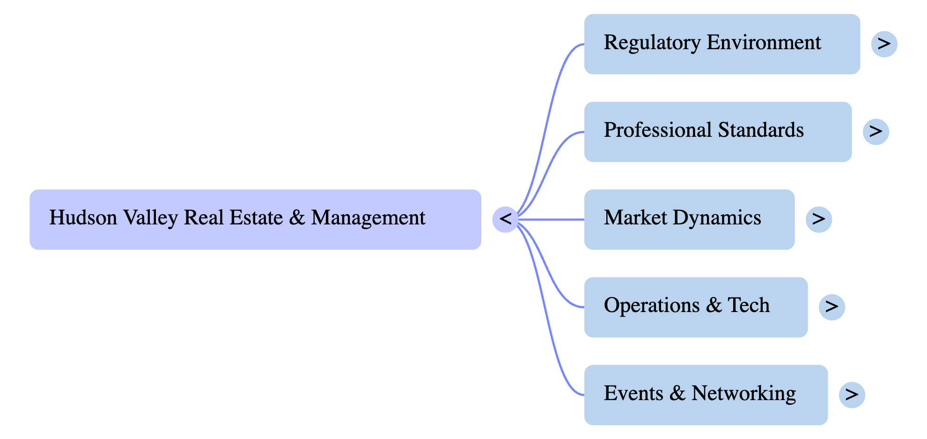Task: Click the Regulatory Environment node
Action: click(x=721, y=44)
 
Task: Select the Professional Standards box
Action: click(x=717, y=132)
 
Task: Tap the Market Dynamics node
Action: click(x=689, y=219)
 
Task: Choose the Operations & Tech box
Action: click(x=695, y=307)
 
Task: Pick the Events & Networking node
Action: click(x=706, y=394)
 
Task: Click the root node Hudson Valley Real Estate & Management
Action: click(x=255, y=219)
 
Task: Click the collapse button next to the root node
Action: click(x=505, y=219)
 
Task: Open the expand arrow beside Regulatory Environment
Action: click(x=884, y=44)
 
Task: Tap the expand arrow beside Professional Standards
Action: click(x=875, y=132)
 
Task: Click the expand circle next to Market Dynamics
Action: click(x=818, y=219)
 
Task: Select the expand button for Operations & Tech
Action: click(x=831, y=307)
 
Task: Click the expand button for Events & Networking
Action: click(x=852, y=394)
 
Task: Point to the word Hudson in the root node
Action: click(x=83, y=218)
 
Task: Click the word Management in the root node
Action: click(x=368, y=218)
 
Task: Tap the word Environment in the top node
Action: click(x=764, y=43)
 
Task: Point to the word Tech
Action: click(x=748, y=305)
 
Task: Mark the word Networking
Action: click(x=743, y=394)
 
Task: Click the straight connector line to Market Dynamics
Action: click(x=552, y=219)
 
